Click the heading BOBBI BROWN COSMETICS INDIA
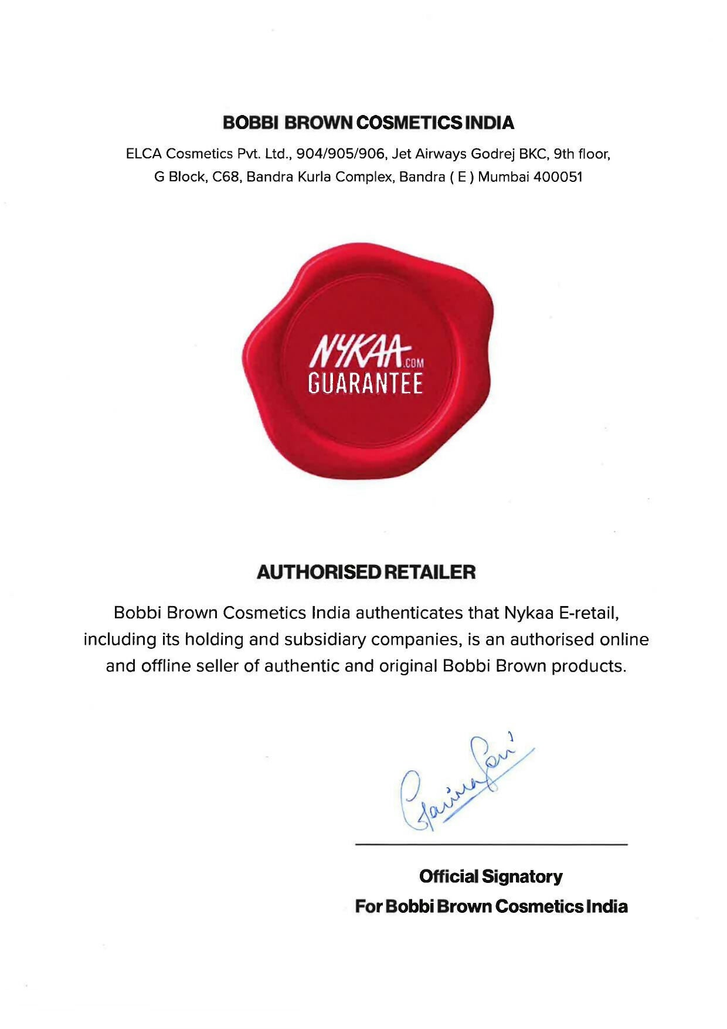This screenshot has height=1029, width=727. (368, 123)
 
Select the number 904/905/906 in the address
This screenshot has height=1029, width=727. (341, 154)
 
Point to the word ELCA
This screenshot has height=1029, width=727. (143, 154)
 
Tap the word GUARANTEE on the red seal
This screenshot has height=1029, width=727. (365, 384)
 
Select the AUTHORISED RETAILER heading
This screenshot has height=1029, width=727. (366, 572)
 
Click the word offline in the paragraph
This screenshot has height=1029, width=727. (166, 666)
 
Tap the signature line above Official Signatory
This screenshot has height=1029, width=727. (491, 844)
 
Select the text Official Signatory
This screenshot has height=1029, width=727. (491, 876)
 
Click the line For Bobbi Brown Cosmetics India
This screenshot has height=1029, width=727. (491, 906)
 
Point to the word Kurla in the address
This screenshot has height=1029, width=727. (317, 177)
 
